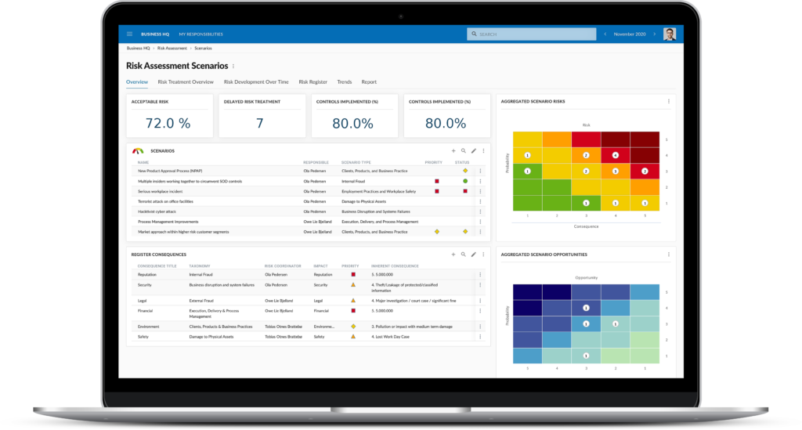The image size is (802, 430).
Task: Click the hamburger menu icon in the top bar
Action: tap(129, 34)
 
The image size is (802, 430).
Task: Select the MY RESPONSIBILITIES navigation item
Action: tap(200, 34)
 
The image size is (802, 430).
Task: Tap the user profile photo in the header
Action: tap(668, 34)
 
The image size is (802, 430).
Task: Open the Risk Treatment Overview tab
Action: tap(186, 81)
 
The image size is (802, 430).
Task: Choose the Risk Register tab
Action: tap(312, 81)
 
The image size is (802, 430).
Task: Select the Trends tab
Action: tap(344, 81)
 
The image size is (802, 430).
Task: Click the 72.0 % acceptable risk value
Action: tap(168, 123)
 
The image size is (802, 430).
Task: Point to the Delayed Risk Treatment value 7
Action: tap(260, 123)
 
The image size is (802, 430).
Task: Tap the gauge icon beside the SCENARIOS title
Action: tap(138, 150)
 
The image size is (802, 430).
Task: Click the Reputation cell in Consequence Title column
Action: tap(147, 275)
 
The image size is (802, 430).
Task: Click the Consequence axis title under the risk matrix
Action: tap(586, 226)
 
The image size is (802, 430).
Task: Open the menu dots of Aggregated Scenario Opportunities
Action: tap(668, 255)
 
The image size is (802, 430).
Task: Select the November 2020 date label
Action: tap(630, 34)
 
